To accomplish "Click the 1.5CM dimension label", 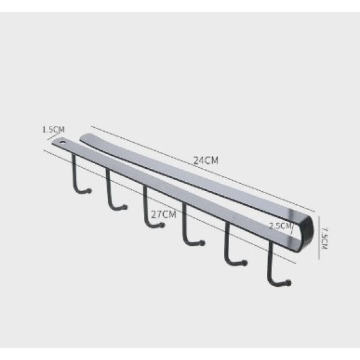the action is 53,130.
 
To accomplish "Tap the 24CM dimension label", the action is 205,160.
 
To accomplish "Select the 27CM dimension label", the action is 164,214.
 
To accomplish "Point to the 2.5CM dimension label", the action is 281,226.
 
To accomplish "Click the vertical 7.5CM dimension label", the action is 325,238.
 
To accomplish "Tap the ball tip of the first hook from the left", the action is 89,191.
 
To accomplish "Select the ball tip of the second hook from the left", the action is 125,207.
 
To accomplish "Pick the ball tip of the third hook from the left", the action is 162,225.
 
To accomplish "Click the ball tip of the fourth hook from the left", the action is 202,243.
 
